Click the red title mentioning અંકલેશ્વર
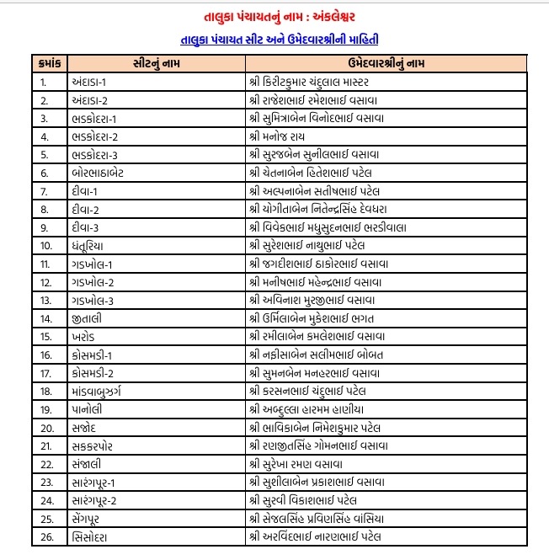(274, 16)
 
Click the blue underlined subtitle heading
(275, 39)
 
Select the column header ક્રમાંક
(49, 64)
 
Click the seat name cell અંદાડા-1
(93, 82)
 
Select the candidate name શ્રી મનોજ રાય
(282, 136)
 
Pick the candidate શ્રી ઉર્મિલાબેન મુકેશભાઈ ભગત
(318, 318)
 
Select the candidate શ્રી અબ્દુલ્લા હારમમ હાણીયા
(317, 409)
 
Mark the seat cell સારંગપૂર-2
(99, 500)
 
